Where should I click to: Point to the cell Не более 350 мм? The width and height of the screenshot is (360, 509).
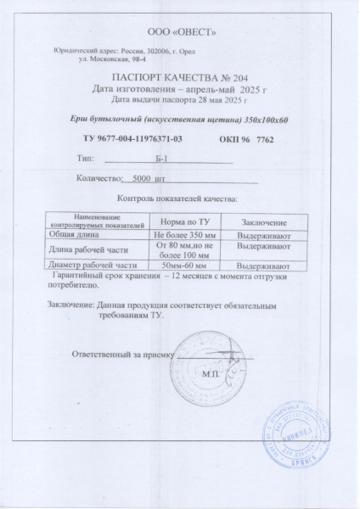184,232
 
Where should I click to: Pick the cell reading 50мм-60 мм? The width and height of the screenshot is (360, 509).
184,266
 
